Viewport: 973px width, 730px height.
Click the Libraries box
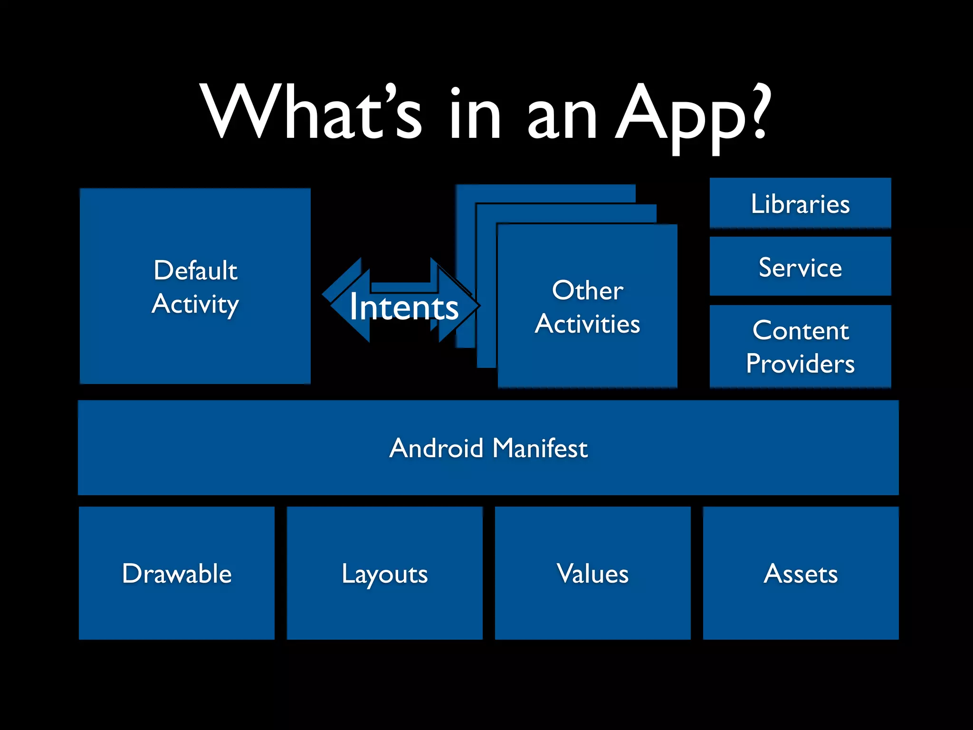tap(800, 203)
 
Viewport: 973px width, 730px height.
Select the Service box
tap(800, 267)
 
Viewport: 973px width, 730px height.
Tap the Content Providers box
tap(800, 346)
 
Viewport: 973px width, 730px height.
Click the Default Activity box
tap(195, 286)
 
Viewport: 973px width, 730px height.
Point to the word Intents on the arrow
tap(404, 307)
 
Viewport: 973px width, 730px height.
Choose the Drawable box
tap(177, 573)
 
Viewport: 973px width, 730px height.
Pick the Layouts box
tap(384, 573)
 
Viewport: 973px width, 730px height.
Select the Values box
tap(592, 573)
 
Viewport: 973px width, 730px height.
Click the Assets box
tap(801, 573)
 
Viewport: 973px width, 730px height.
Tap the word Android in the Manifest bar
tap(436, 448)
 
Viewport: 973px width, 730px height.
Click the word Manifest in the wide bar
tap(540, 448)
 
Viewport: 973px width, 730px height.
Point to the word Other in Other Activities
tap(588, 290)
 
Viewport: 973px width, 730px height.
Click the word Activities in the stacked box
tap(588, 324)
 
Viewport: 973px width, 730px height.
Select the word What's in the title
tap(311, 113)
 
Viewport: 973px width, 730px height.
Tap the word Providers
tap(800, 364)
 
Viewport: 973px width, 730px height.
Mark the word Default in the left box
tap(195, 270)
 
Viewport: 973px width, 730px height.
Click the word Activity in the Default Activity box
tap(195, 304)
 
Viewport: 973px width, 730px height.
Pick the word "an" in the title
tap(562, 116)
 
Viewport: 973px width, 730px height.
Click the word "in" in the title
tap(475, 114)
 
